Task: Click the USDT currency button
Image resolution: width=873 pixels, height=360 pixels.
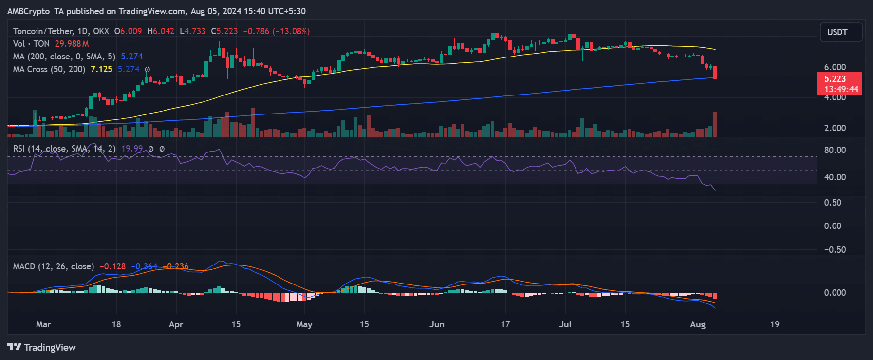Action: pos(841,32)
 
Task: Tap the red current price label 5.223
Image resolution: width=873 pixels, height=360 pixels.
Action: pos(835,79)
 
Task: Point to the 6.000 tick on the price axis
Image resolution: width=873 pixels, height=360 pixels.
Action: pos(835,67)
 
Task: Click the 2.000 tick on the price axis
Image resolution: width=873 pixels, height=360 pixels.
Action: pos(835,128)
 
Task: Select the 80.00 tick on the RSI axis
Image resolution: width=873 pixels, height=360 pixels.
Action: pos(835,150)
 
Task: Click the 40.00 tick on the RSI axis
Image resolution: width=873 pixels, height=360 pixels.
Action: pos(835,177)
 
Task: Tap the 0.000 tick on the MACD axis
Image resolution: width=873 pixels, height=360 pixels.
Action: pos(835,293)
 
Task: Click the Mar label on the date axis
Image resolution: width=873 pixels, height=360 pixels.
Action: pos(43,324)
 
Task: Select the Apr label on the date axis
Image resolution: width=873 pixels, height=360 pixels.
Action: pos(176,324)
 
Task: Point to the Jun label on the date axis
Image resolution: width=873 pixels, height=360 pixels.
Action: pos(437,324)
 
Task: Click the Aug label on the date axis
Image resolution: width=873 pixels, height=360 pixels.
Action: pos(698,324)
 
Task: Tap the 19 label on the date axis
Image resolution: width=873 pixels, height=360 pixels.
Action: pos(774,324)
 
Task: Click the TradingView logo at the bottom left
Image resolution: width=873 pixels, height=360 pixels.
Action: pos(42,347)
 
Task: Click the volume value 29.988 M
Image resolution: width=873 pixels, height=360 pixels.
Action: pos(72,44)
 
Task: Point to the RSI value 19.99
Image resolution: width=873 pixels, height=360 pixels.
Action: pos(132,149)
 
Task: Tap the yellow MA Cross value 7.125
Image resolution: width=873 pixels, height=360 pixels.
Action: pos(101,69)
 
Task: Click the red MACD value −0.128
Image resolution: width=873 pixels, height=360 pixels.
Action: pos(112,266)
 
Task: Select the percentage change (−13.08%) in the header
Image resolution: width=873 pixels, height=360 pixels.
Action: pos(291,31)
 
